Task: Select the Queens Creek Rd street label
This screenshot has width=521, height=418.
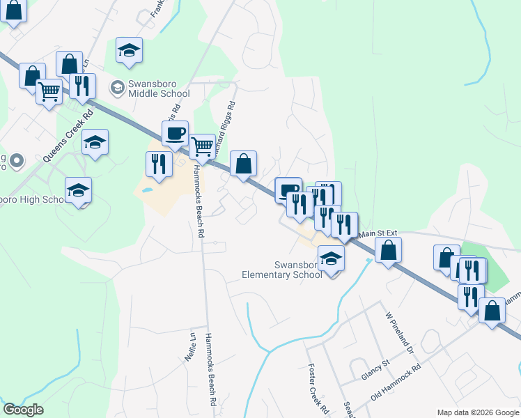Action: click(x=68, y=137)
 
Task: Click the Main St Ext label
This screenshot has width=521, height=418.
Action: click(x=378, y=233)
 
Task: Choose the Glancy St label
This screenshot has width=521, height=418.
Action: click(x=375, y=374)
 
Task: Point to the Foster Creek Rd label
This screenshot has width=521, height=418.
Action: click(x=317, y=387)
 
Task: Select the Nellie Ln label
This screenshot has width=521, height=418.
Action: click(x=189, y=346)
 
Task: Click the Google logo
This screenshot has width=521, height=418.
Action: click(x=23, y=410)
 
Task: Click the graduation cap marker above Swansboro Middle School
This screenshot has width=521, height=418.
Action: click(x=129, y=50)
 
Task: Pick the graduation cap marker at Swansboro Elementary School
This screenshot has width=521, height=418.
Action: click(x=332, y=259)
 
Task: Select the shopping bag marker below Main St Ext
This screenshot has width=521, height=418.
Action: click(x=388, y=249)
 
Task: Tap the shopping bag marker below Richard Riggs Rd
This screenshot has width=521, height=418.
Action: click(x=243, y=164)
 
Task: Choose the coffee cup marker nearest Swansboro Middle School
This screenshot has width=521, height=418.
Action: click(x=175, y=132)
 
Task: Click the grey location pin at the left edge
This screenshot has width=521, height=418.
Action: click(x=18, y=162)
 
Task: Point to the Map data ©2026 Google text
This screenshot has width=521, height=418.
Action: click(x=477, y=412)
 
